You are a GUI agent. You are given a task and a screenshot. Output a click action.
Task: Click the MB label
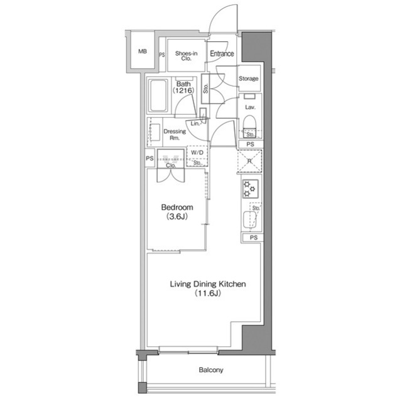coord(143,51)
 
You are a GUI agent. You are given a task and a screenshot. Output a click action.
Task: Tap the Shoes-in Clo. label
coord(187,55)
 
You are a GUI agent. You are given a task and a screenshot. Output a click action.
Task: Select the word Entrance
coord(222,54)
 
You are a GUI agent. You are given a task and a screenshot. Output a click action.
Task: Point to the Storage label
coord(249,78)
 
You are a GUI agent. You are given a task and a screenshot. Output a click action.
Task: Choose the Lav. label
coord(249,107)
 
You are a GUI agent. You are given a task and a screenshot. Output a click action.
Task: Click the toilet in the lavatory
coord(249,123)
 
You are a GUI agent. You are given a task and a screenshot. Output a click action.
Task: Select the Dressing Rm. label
coord(174,135)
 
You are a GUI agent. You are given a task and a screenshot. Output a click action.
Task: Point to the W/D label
coord(197,152)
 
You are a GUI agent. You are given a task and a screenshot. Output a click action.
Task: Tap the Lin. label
coord(196,124)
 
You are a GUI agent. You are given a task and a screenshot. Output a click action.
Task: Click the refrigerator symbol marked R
coord(250,162)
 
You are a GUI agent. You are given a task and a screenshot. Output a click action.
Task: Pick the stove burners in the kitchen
coord(249,187)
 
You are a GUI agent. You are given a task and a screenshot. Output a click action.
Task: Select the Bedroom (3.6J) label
coord(177,211)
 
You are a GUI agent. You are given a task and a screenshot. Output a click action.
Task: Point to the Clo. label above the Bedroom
coord(170,166)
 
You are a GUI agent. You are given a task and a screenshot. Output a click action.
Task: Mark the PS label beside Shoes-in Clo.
coord(161,55)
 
